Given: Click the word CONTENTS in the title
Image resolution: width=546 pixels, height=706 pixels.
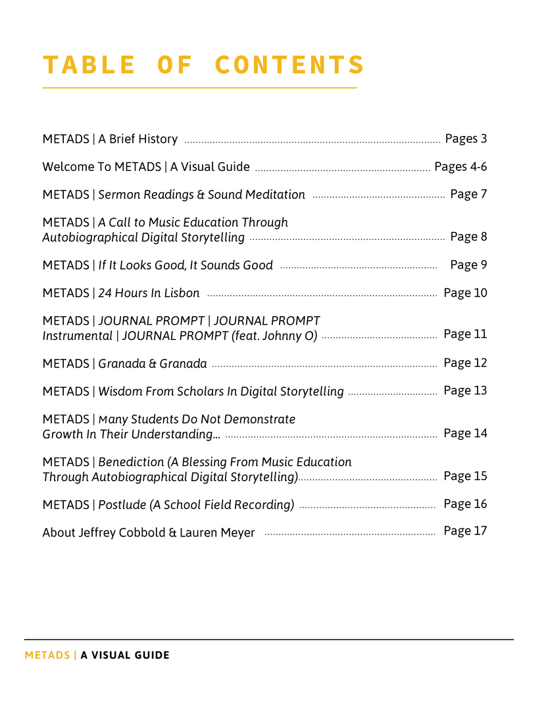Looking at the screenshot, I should (x=289, y=65).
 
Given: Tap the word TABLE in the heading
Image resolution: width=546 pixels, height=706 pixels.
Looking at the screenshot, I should (x=89, y=65).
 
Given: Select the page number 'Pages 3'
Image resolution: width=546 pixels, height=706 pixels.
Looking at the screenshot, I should (x=466, y=139).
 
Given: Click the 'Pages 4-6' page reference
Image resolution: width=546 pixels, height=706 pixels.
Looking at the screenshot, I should (x=460, y=166).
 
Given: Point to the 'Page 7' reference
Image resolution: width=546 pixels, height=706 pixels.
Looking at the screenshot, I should (x=468, y=194).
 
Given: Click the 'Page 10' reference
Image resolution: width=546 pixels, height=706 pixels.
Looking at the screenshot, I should (x=465, y=293).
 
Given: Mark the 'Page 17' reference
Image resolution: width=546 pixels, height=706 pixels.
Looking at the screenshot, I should (x=465, y=530).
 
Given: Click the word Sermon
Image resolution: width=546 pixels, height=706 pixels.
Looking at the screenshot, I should (x=118, y=195).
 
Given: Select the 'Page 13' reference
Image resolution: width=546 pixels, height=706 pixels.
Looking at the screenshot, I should (x=465, y=390).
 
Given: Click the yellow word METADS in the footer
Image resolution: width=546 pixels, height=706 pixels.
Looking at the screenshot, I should (x=47, y=655).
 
